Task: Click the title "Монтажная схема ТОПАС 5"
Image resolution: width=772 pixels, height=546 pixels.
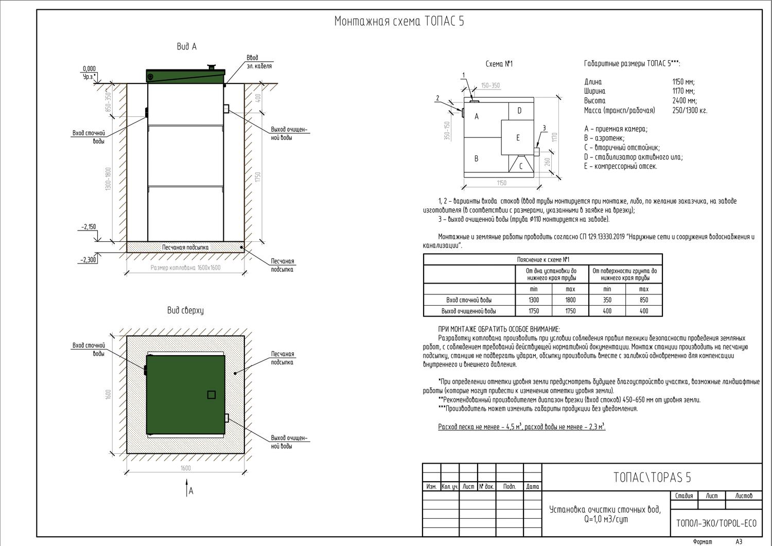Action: click(x=399, y=22)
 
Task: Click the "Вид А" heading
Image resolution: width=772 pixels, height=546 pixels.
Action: click(x=186, y=47)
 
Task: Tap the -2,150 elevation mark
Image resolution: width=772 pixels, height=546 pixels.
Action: click(x=88, y=227)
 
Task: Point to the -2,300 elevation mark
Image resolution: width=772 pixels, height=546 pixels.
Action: click(x=88, y=260)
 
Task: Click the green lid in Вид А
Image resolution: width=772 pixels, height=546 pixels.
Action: click(x=185, y=76)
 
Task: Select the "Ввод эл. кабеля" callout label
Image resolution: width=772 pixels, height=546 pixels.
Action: click(x=259, y=62)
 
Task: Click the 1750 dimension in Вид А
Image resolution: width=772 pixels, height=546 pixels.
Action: click(x=258, y=177)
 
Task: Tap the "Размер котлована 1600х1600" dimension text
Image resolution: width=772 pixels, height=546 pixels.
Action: click(x=185, y=268)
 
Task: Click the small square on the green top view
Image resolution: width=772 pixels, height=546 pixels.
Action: click(x=211, y=395)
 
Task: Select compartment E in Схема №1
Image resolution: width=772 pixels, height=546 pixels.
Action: click(x=518, y=138)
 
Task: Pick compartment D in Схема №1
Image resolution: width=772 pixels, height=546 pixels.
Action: click(x=519, y=111)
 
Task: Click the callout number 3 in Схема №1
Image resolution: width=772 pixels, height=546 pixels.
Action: click(x=543, y=128)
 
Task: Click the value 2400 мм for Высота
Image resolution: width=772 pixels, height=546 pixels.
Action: click(x=683, y=101)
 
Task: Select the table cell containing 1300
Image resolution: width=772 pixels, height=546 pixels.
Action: click(x=533, y=300)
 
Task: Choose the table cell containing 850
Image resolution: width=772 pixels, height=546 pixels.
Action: click(x=643, y=300)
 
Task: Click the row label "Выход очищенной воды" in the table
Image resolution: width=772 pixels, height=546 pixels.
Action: click(x=468, y=311)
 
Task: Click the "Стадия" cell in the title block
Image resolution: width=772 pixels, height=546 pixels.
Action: click(x=684, y=496)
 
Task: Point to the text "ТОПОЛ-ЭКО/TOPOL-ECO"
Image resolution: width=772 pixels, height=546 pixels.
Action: click(x=716, y=524)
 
